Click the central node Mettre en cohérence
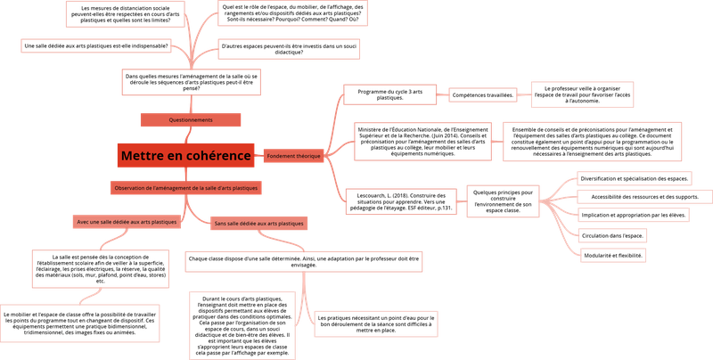185,155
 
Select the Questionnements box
191,119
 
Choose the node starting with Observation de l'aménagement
186,188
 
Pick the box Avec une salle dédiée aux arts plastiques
125,221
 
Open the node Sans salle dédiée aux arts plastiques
258,224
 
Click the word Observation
129,188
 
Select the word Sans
219,224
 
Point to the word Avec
82,221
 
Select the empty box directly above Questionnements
191,82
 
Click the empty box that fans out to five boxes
503,201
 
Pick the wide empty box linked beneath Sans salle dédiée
303,261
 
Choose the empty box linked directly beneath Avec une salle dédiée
100,268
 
